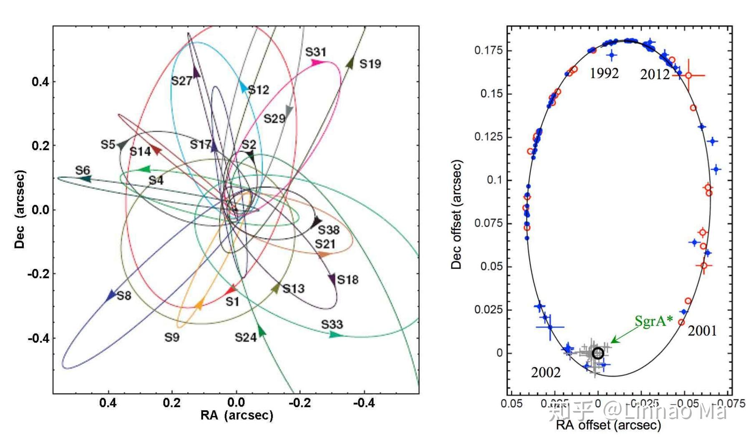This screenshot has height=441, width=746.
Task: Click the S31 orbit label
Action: [x=316, y=52]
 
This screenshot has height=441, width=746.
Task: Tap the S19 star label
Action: [x=370, y=64]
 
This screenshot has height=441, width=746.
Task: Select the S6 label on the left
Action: [x=83, y=170]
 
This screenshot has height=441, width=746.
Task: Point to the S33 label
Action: [x=332, y=324]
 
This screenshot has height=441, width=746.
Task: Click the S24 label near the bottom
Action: [x=245, y=337]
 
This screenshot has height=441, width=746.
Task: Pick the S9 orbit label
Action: [x=172, y=337]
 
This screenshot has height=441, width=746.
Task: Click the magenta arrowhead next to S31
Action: [x=318, y=63]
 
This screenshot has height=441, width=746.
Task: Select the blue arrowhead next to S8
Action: [x=111, y=296]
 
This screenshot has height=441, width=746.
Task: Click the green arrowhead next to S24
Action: [x=261, y=331]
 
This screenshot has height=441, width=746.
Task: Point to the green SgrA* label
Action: [x=653, y=321]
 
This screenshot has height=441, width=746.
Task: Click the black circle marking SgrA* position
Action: [x=598, y=353]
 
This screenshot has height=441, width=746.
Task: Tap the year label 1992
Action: [x=604, y=73]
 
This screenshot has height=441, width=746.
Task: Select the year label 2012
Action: [x=655, y=75]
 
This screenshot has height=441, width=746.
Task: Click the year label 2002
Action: [x=545, y=372]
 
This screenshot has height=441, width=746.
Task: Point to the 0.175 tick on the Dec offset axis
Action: [x=488, y=50]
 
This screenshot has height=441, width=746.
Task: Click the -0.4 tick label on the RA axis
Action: [x=364, y=403]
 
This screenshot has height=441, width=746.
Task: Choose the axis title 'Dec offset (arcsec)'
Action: [x=457, y=214]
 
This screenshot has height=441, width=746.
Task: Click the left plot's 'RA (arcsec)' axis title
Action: [x=236, y=415]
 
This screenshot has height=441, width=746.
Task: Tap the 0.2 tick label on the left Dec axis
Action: [x=40, y=145]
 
